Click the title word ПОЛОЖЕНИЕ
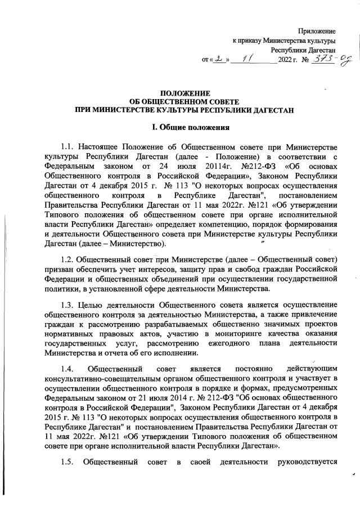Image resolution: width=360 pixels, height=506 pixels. (x=185, y=93)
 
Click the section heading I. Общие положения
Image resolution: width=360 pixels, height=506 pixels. (x=184, y=128)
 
